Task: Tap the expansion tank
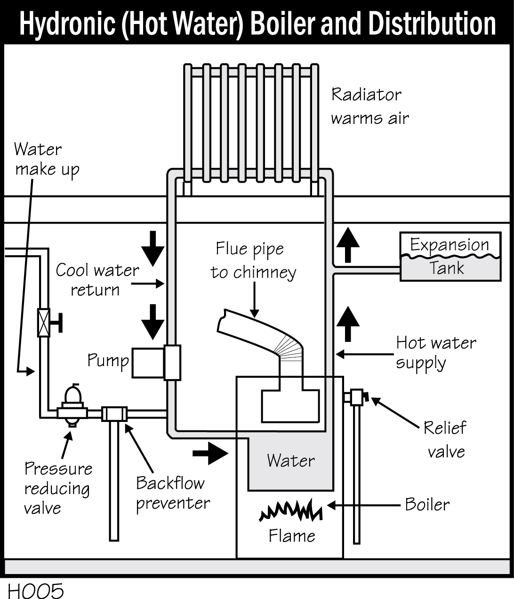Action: tap(450, 257)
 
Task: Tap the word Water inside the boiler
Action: tap(290, 460)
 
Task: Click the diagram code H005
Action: tap(35, 591)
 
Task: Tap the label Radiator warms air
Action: tap(369, 106)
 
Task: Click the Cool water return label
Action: tap(97, 280)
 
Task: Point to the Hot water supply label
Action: tap(435, 353)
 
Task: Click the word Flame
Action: tap(291, 536)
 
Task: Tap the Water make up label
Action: tap(46, 159)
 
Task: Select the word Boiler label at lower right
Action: tap(427, 505)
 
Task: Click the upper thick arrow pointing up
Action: tap(348, 244)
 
